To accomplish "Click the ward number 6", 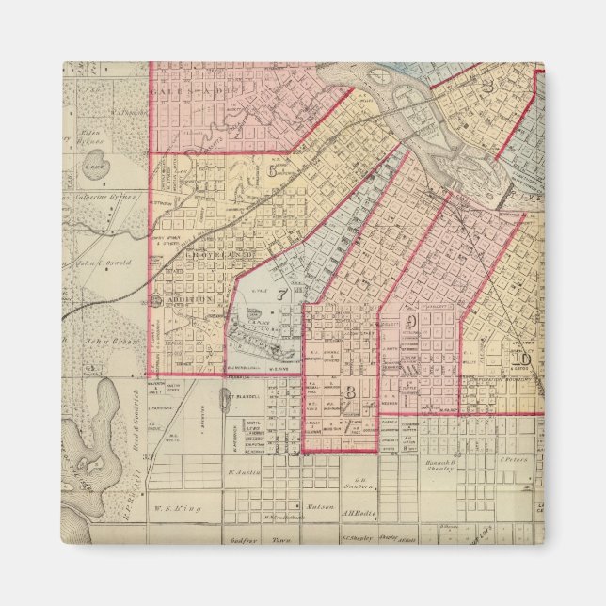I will click(273, 170).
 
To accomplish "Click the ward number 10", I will click(522, 357).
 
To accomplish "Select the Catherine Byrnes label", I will click(111, 198).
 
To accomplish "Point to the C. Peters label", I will click(511, 460).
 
